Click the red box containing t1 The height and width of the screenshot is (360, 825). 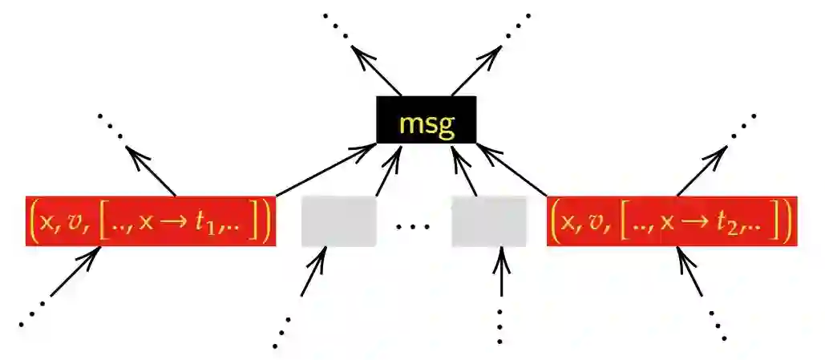click(151, 220)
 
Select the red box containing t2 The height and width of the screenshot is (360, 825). click(672, 220)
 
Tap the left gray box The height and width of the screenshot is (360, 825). click(338, 220)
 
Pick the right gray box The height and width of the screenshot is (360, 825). click(488, 220)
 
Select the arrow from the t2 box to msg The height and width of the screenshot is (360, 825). click(513, 170)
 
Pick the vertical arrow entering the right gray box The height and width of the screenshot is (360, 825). click(501, 277)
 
